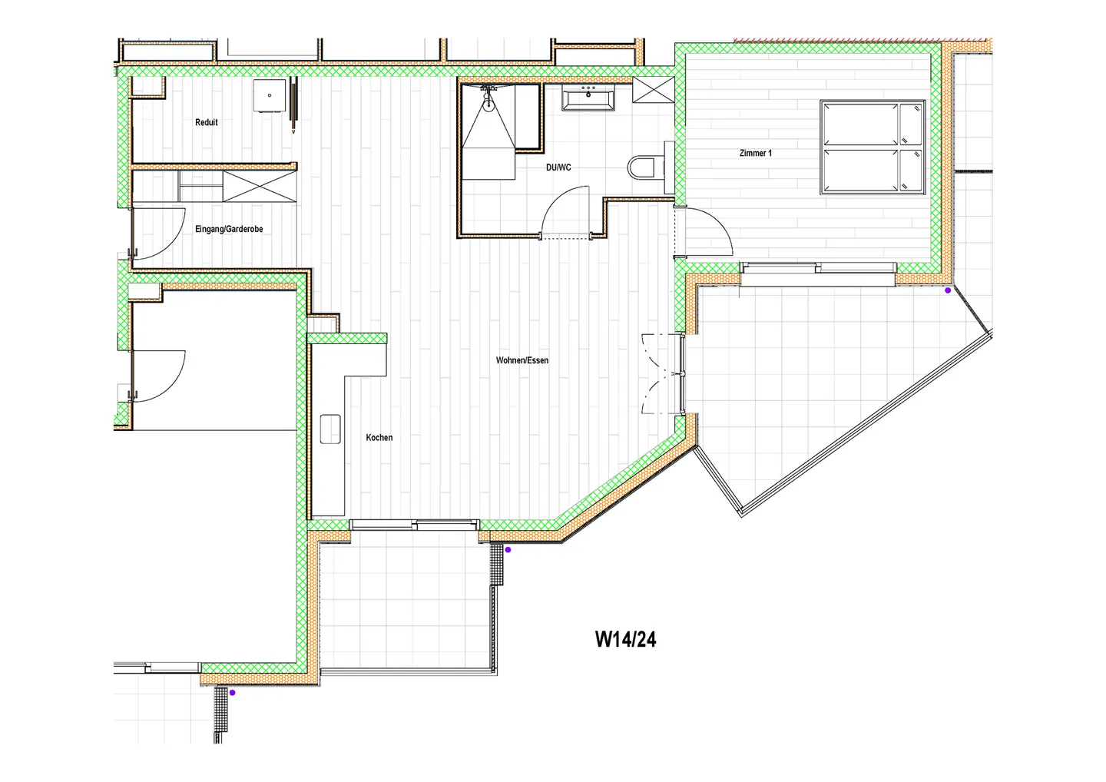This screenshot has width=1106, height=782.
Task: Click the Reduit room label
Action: [206, 122]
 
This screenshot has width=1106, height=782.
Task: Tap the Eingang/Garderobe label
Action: [229, 229]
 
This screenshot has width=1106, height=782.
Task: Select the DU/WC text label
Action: [558, 167]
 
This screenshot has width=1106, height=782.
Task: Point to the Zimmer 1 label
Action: [756, 153]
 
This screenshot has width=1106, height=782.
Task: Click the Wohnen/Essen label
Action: [522, 360]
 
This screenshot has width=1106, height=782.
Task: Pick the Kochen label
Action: [379, 437]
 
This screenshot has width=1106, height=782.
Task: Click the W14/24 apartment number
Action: [625, 639]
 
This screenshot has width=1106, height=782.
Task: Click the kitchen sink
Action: [330, 429]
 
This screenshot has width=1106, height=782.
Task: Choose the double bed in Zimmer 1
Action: [873, 147]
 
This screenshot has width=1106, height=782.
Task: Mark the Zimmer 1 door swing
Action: [708, 230]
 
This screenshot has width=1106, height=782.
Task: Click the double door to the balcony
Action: [662, 374]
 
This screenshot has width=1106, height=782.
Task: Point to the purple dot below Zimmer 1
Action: [948, 290]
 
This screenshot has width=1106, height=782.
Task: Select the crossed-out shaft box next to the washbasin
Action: [654, 90]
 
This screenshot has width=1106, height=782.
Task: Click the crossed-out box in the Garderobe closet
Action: [259, 187]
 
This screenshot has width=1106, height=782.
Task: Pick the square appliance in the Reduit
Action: [270, 95]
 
